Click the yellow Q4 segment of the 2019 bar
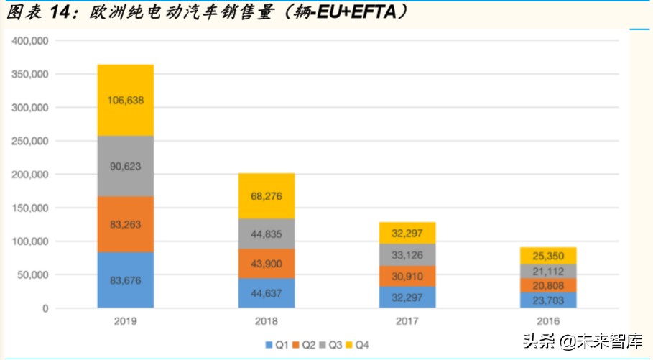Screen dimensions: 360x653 (126, 101)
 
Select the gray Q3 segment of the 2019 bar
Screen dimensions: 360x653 (126, 166)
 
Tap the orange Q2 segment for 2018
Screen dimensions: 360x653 (267, 264)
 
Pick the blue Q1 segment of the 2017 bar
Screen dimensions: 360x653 (407, 297)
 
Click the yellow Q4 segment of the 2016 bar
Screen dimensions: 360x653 (548, 256)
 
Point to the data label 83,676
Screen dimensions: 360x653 (126, 280)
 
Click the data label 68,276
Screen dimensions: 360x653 (267, 196)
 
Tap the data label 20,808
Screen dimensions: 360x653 (548, 285)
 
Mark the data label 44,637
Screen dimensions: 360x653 (267, 293)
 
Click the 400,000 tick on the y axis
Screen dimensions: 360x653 (30, 41)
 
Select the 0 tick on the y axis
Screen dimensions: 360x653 (45, 308)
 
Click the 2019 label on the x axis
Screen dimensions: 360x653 (126, 321)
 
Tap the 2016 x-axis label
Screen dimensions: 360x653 (548, 321)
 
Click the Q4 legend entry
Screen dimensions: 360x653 (361, 344)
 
